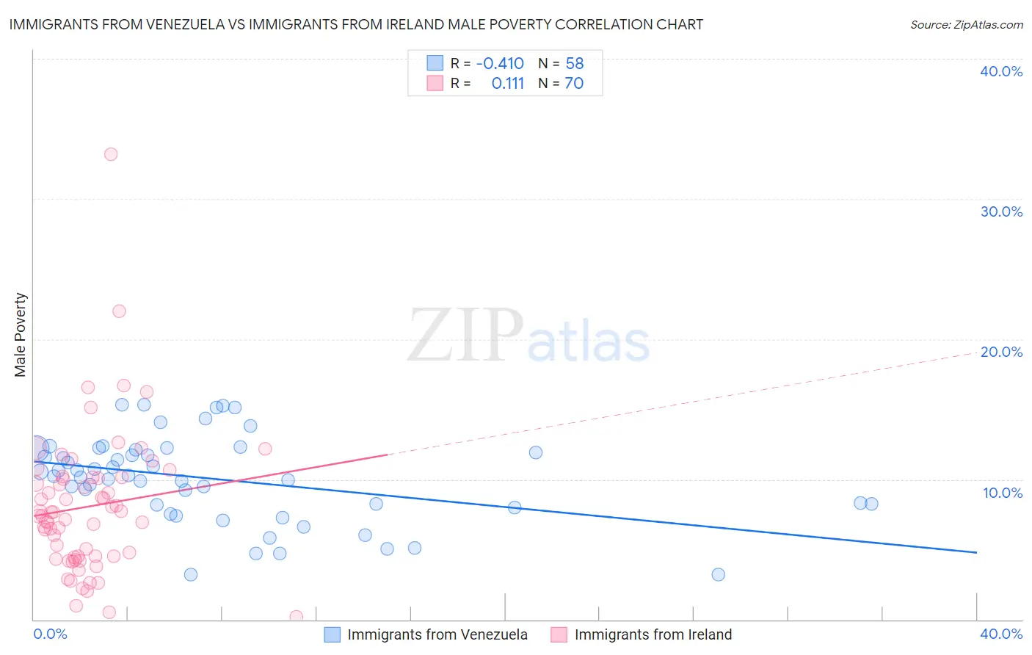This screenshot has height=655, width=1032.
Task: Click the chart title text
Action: [x=356, y=24]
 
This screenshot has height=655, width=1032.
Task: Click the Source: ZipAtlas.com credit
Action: [x=966, y=24]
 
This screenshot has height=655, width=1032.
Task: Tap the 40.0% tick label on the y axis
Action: [x=1001, y=71]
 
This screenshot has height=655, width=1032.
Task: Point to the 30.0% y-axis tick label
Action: [x=1001, y=211]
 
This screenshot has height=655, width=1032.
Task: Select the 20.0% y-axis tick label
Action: [x=1001, y=352]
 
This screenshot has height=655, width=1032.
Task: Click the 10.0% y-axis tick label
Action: [x=1002, y=493]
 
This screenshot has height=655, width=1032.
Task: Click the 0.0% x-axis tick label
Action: [x=50, y=634]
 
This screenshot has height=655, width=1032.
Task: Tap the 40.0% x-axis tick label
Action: [x=1001, y=634]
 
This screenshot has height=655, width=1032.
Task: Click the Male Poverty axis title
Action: [x=21, y=335]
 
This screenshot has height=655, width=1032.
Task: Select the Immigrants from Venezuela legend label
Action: [x=437, y=634]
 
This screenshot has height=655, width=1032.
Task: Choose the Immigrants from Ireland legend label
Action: [x=653, y=634]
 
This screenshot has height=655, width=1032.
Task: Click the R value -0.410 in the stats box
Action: [x=500, y=63]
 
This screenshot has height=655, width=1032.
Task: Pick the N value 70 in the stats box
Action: [x=574, y=84]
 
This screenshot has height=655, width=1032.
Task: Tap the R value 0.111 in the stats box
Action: [x=508, y=84]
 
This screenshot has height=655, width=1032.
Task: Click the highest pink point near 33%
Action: [x=111, y=154]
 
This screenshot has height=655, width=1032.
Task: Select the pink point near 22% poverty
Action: [x=119, y=311]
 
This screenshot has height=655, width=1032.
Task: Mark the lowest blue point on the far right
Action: [x=719, y=574]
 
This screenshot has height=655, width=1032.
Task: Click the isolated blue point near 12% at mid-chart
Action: [x=536, y=452]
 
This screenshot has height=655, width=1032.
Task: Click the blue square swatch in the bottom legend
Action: [x=333, y=634]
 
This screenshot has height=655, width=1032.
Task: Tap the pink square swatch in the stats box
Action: [x=435, y=84]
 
